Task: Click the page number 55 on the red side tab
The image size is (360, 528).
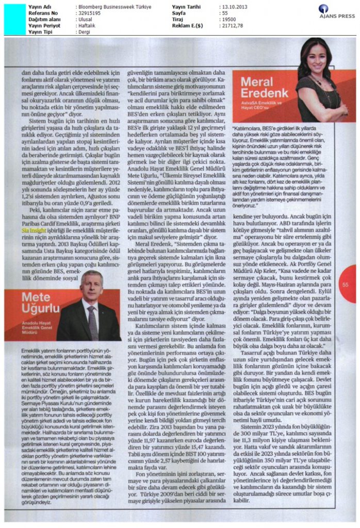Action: click(346, 283)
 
